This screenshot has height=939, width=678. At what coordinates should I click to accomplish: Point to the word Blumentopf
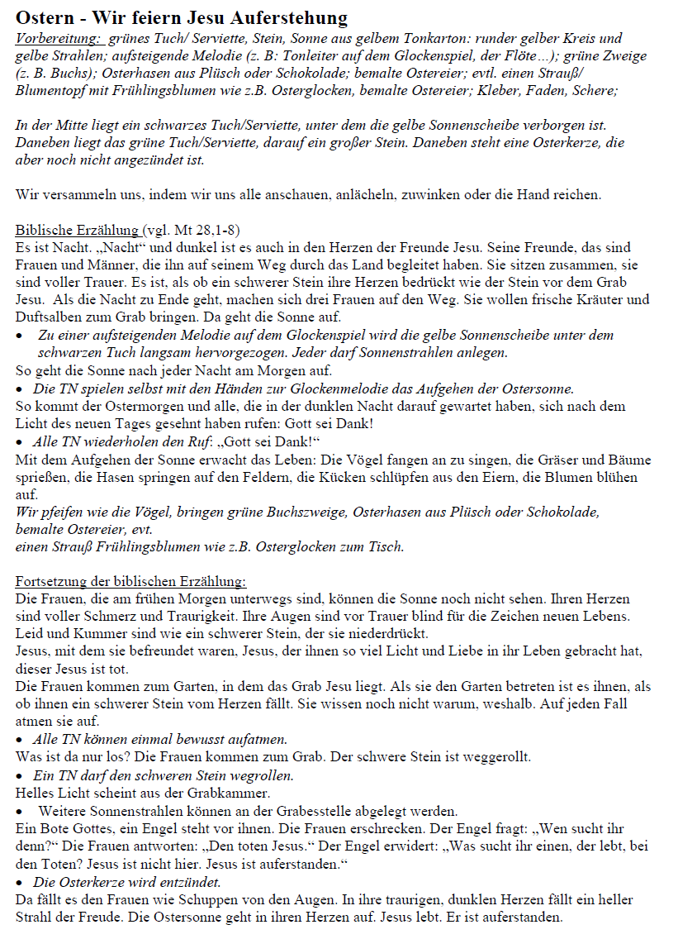(x=51, y=90)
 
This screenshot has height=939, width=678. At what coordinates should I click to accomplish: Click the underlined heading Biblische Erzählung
(x=78, y=229)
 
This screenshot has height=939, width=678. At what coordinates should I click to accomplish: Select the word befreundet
(x=177, y=651)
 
